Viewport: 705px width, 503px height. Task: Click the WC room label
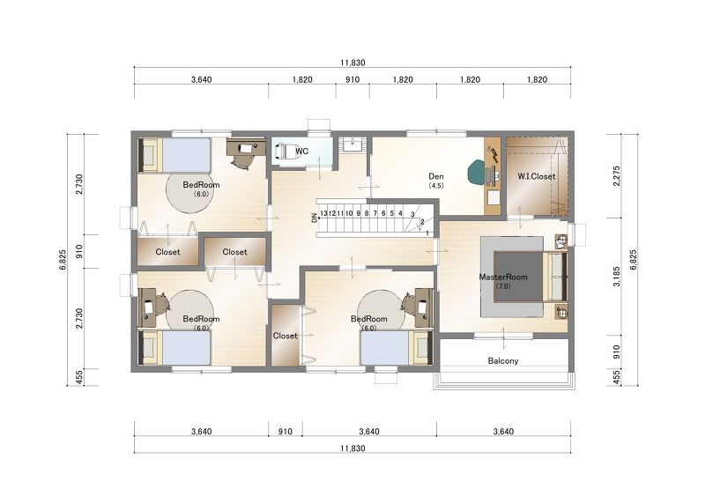(301, 151)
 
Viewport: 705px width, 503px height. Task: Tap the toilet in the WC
(283, 151)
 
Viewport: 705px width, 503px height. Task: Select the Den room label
(435, 176)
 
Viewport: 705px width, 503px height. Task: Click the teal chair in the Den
(476, 172)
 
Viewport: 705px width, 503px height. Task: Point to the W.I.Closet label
(536, 176)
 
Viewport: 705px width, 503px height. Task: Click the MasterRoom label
(502, 277)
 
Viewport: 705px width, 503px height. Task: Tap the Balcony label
(503, 360)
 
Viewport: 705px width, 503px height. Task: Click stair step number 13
(323, 213)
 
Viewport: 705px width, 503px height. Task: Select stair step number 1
(427, 233)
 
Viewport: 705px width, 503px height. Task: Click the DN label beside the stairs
(314, 218)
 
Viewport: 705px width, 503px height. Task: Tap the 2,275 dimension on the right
(616, 176)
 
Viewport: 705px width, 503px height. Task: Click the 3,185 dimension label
(616, 277)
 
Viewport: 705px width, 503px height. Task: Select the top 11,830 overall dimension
(352, 63)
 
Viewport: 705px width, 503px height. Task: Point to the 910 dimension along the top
(352, 79)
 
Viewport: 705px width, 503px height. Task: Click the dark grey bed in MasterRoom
(518, 277)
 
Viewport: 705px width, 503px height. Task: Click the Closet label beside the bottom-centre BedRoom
(285, 336)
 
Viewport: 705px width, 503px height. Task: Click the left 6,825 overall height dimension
(63, 260)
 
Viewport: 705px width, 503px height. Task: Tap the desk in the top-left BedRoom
(244, 149)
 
